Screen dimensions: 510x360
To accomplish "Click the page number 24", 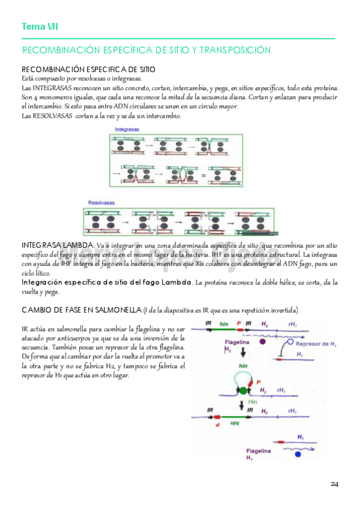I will [335, 484].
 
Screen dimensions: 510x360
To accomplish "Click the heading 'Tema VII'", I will [40, 26].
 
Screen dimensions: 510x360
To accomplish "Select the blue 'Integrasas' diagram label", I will [124, 130].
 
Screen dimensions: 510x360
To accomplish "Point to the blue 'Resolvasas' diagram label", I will [101, 203].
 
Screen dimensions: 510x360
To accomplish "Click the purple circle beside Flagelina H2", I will [263, 342].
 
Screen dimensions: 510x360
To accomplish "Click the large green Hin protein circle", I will [243, 390].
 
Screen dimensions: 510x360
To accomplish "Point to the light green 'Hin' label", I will [252, 402].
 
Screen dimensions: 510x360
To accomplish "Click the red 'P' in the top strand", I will [239, 323].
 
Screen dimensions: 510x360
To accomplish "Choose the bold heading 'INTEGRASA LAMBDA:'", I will [58, 245].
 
